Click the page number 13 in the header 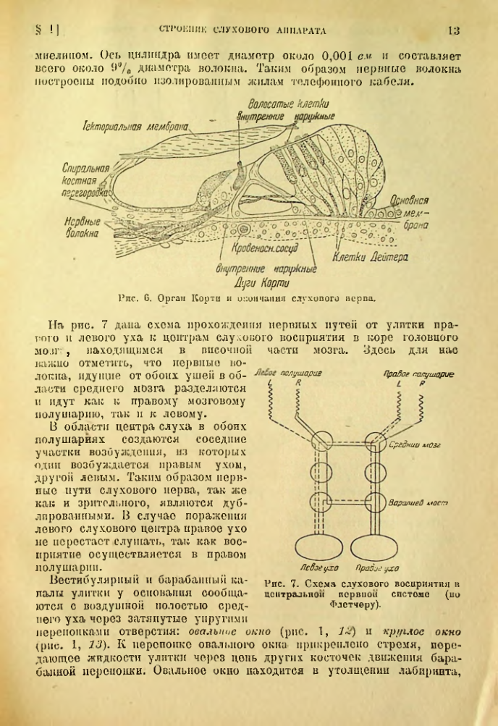(454, 30)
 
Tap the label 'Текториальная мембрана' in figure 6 (136, 127)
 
